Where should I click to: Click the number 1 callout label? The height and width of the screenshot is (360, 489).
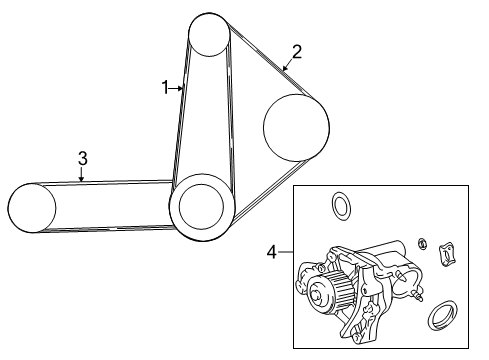click(x=165, y=88)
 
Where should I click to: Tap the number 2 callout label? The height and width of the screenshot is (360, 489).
click(x=297, y=52)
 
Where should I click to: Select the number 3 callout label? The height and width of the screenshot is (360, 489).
click(x=83, y=158)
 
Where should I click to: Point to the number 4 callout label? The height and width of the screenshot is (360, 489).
click(x=272, y=252)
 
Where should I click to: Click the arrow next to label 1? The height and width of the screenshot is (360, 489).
click(x=176, y=88)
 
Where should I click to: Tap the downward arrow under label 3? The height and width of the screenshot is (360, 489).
click(x=81, y=174)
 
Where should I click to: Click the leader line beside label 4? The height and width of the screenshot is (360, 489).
click(x=286, y=252)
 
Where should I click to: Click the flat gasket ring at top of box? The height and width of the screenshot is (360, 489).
click(x=341, y=206)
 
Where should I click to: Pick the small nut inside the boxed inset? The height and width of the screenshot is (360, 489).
click(x=423, y=243)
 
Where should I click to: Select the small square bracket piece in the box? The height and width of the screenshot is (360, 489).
click(x=448, y=255)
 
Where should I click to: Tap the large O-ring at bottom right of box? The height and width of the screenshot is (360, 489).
click(x=442, y=316)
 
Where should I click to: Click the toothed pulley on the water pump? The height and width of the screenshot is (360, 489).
click(x=330, y=292)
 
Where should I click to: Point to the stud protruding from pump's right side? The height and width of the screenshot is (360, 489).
click(x=418, y=295)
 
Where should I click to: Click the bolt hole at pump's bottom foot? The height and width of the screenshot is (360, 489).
click(x=357, y=338)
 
